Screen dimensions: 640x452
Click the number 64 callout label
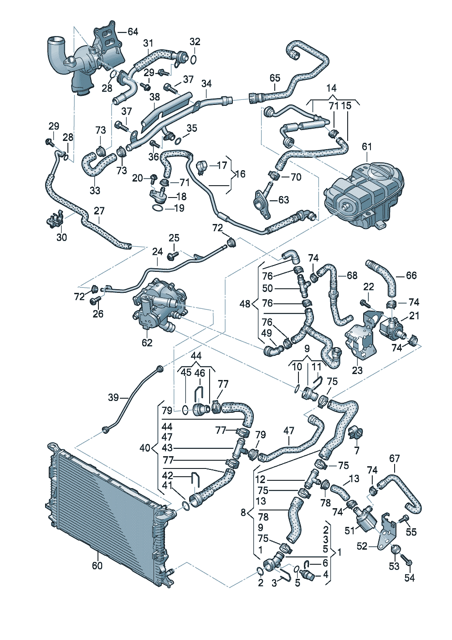coord(133,31)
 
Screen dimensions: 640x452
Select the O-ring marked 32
coord(194,59)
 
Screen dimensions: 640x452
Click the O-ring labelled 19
coord(156,208)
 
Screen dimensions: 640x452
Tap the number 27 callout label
coord(99,211)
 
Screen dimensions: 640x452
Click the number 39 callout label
coord(113,397)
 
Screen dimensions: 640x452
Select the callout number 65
coord(275,78)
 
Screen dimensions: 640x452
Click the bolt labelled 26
coord(96,300)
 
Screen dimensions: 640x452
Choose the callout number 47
coord(289,431)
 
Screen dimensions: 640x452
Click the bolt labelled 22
coord(364,303)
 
